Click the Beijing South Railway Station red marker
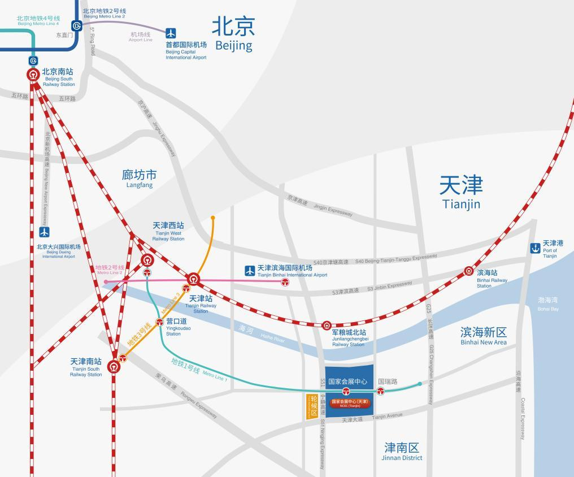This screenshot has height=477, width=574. click(33, 74)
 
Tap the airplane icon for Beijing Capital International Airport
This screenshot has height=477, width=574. click(171, 33)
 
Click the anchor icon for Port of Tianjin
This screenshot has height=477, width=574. click(535, 248)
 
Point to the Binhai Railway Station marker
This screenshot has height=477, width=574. click(469, 271)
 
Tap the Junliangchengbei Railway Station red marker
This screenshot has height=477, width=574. click(327, 326)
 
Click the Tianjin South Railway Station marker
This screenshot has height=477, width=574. click(115, 367)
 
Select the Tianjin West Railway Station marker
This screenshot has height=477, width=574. click(147, 261)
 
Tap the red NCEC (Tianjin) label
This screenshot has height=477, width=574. click(350, 402)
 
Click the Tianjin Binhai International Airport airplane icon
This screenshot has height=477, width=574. click(250, 271)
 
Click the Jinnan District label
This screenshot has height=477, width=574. click(402, 451)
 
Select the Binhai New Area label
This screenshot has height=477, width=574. click(483, 335)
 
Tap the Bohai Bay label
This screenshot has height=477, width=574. click(547, 304)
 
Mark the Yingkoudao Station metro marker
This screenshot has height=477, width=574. click(160, 322)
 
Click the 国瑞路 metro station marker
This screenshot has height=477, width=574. click(381, 391)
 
